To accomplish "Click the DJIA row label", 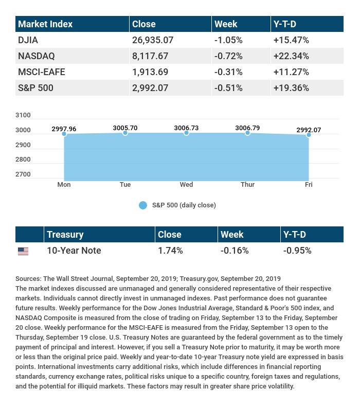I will pos(28,40).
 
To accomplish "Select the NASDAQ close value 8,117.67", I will pos(151,56).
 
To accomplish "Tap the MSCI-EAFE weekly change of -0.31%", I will pos(228,72).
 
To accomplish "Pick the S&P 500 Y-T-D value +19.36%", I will pos(291,87).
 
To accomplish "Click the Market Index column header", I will pos(45,24).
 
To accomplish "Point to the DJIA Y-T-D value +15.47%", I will pos(291,40).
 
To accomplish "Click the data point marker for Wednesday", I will pos(186,133).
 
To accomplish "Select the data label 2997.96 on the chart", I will pos(64,129).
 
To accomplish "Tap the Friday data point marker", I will pos(309,135).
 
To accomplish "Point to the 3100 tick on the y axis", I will pos(24,115).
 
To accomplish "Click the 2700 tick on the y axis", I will pos(24,174).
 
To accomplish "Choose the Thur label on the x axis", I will pos(247,184).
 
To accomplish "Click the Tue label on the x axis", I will pos(125,184).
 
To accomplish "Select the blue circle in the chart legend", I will pos(143,205).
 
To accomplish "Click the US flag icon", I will pos(23,251).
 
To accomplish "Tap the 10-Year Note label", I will pos(74,251).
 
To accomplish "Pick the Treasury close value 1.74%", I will pos(170,251).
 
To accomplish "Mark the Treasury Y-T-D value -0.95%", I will pos(297,251).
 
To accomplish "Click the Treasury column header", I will pos(65,234).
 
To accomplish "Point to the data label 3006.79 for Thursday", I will pos(247,128).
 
